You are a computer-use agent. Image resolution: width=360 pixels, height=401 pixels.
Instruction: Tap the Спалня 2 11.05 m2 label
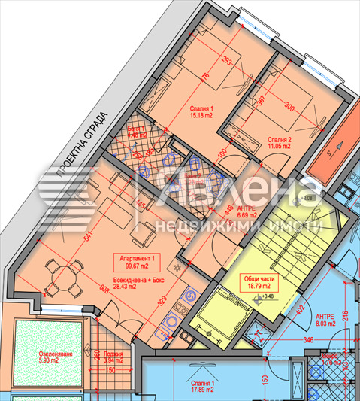(279, 143)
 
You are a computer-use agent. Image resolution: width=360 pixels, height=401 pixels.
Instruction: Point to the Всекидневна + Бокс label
(135, 281)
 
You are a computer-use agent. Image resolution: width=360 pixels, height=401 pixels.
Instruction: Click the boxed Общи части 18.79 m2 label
(252, 281)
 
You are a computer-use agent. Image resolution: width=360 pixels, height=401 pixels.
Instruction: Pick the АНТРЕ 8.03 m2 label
(325, 319)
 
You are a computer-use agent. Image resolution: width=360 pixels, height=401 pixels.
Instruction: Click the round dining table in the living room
(61, 278)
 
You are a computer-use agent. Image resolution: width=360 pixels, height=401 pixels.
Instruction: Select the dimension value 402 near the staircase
(301, 309)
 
